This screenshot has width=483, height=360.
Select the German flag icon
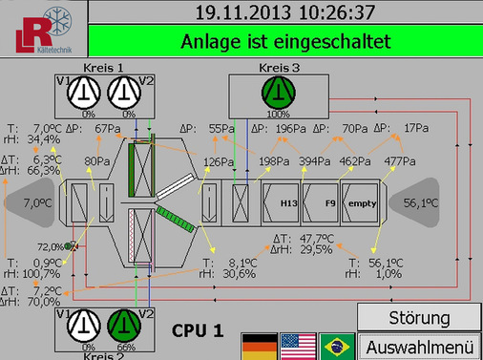[258, 345]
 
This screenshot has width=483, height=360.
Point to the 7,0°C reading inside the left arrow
[37, 203]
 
